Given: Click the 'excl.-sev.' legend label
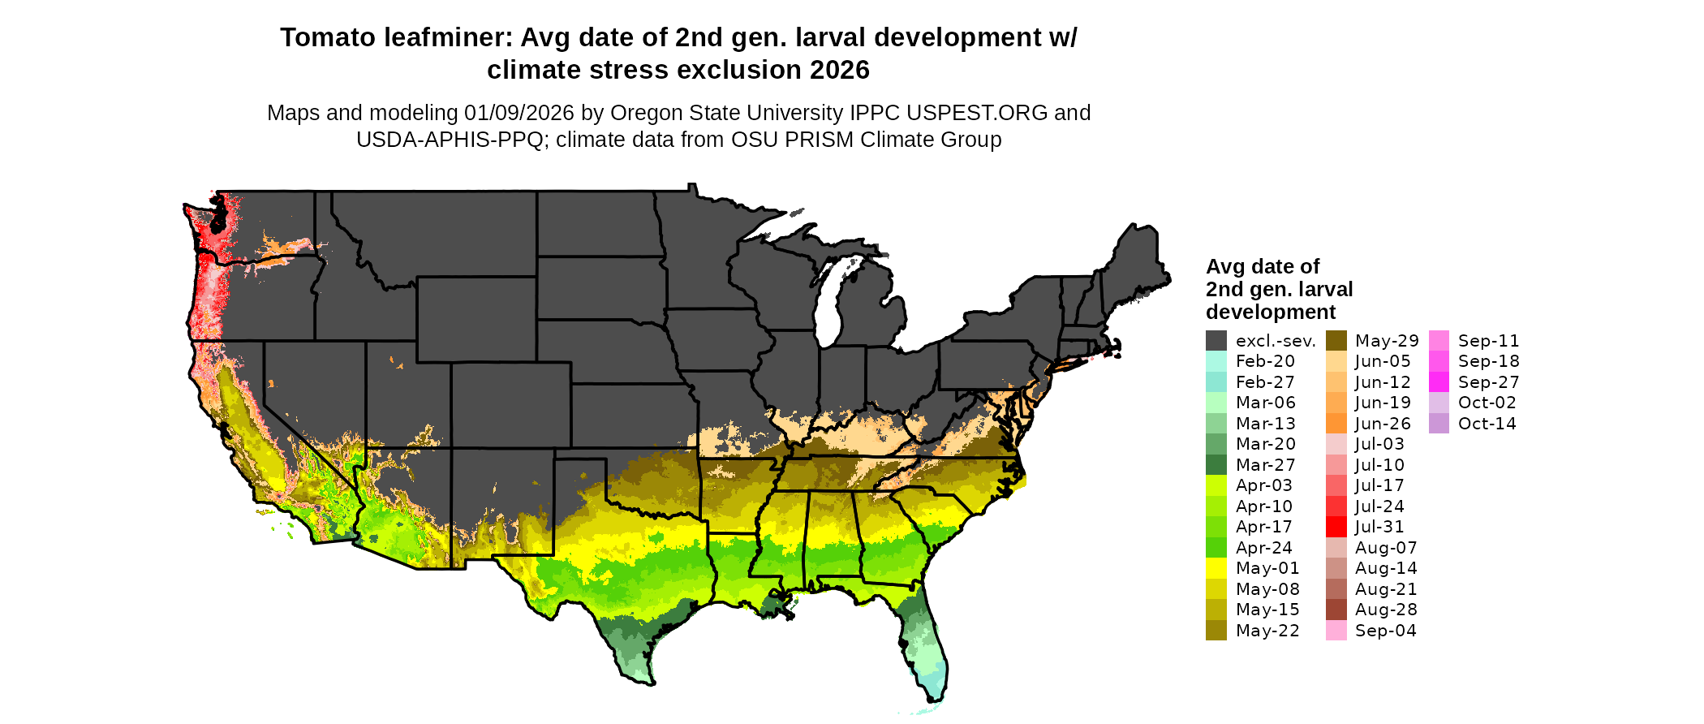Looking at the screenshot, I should pyautogui.click(x=1275, y=341).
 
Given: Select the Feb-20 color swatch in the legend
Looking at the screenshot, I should pyautogui.click(x=1216, y=361).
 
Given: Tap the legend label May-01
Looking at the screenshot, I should pyautogui.click(x=1267, y=568).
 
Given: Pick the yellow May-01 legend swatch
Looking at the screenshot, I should pyautogui.click(x=1216, y=568).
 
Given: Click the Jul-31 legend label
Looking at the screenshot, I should pyautogui.click(x=1379, y=527).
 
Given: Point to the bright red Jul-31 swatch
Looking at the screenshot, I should pyautogui.click(x=1336, y=527).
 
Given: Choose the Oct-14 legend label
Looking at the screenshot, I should pyautogui.click(x=1487, y=424).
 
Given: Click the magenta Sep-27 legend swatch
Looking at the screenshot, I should pyautogui.click(x=1439, y=382).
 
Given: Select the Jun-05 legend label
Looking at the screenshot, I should pyautogui.click(x=1382, y=361).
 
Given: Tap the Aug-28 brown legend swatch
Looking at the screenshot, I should pyautogui.click(x=1336, y=610).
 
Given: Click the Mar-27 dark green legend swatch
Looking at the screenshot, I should pyautogui.click(x=1216, y=465).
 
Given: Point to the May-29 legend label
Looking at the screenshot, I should pyautogui.click(x=1386, y=341).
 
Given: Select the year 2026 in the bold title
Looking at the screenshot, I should pyautogui.click(x=839, y=71).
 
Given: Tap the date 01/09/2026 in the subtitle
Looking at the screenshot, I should pyautogui.click(x=519, y=113).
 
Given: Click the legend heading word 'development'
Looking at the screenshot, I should pyautogui.click(x=1270, y=312).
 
